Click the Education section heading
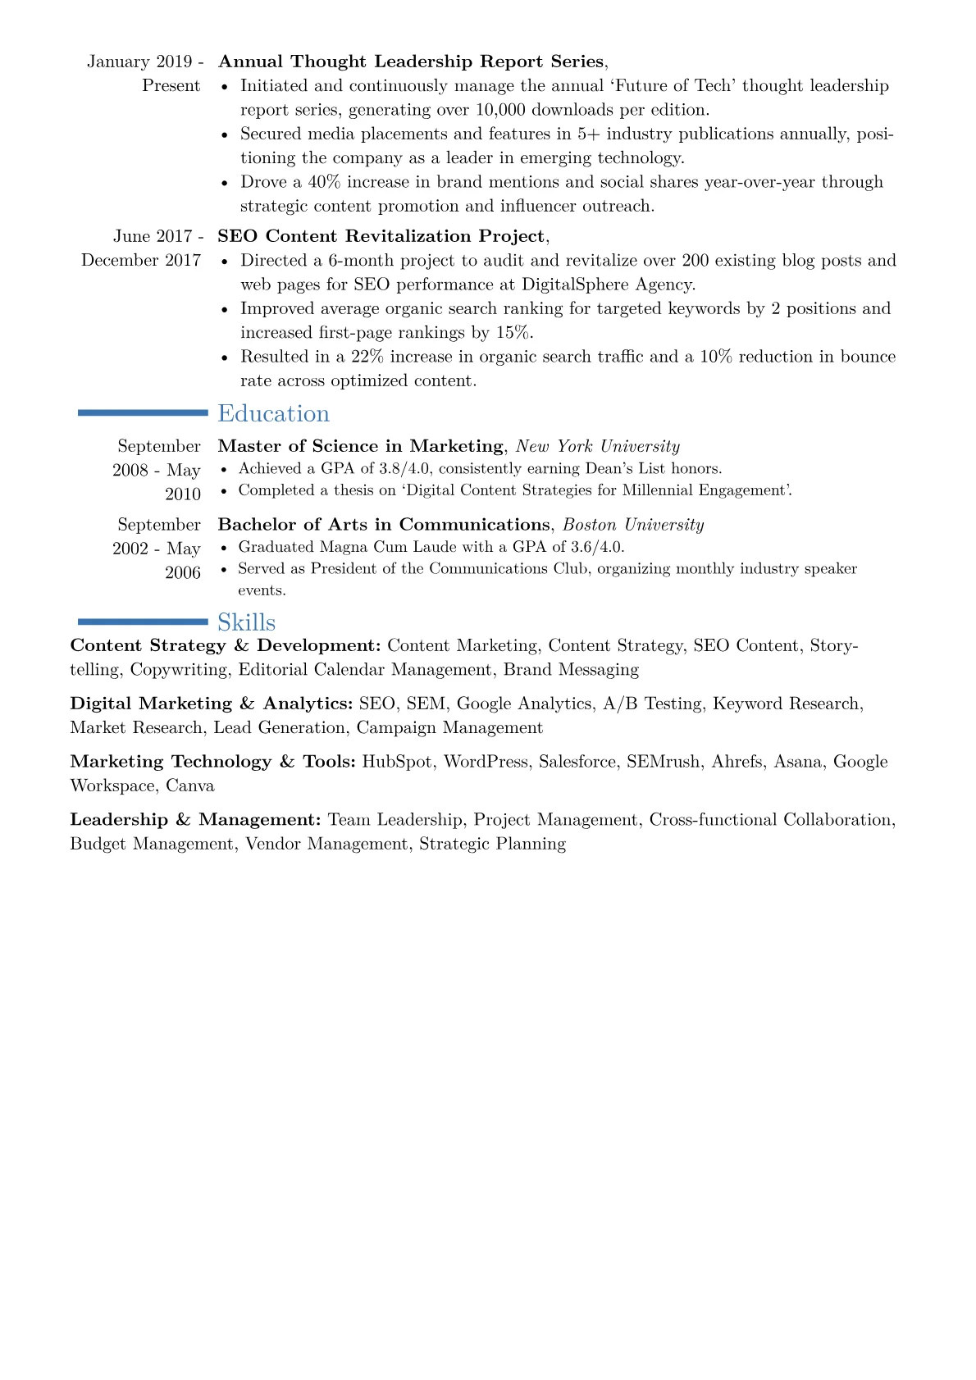[273, 414]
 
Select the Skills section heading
[246, 622]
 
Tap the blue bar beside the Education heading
[143, 413]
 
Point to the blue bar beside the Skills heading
[143, 622]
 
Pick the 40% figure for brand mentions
[324, 182]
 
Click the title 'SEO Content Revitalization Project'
[381, 236]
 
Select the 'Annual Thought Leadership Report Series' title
[411, 61]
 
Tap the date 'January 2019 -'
[145, 61]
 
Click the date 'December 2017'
[141, 260]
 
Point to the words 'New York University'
[597, 446]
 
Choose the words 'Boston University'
[633, 525]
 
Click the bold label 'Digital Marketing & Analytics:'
[212, 704]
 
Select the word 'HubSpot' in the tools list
[397, 762]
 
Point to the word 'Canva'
[190, 786]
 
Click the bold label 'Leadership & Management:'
[195, 820]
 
